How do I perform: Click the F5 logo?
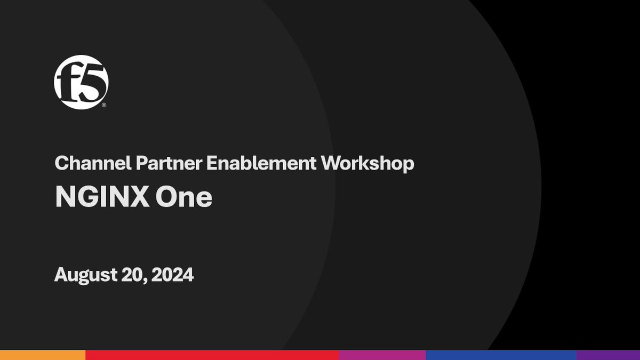click(81, 82)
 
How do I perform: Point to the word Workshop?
click(367, 164)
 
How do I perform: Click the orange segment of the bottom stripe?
click(43, 355)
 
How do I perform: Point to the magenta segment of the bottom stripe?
click(382, 355)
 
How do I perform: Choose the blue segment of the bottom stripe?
click(501, 355)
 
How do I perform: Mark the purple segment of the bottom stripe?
click(608, 355)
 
